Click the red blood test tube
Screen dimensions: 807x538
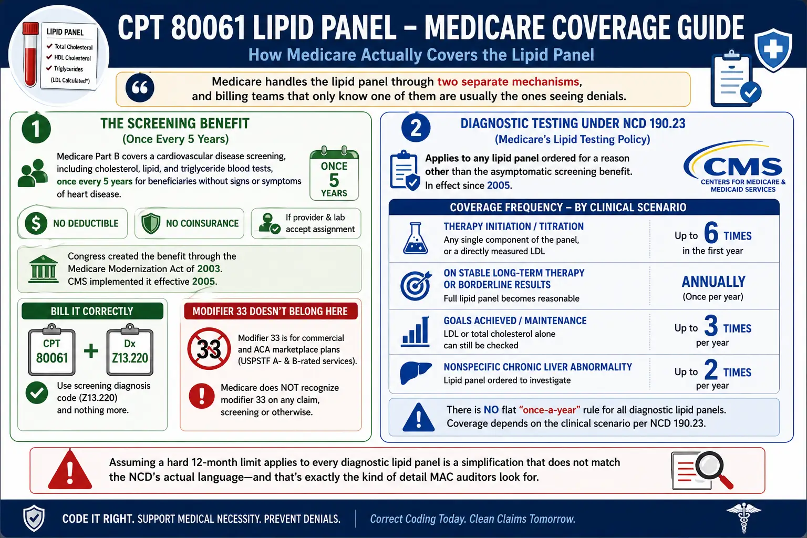(x=30, y=54)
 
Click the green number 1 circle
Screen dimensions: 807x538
(x=36, y=129)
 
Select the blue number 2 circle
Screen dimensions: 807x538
(x=416, y=128)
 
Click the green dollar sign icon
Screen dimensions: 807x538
(x=36, y=223)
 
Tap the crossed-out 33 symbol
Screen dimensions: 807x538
(x=209, y=348)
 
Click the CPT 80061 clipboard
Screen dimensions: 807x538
(x=52, y=350)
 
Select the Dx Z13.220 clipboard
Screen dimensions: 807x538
(x=130, y=350)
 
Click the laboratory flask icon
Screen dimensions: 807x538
(x=416, y=239)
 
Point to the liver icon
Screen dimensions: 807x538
(x=416, y=373)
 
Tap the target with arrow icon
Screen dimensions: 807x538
(x=416, y=285)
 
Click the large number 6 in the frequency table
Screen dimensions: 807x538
(x=711, y=233)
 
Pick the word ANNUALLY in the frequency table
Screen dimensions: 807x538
(x=713, y=282)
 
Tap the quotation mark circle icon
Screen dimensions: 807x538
(x=140, y=88)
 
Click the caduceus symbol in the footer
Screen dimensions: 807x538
(x=743, y=518)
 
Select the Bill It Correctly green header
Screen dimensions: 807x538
(x=92, y=311)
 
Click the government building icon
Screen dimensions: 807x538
(x=43, y=269)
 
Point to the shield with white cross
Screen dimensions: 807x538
(x=773, y=50)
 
